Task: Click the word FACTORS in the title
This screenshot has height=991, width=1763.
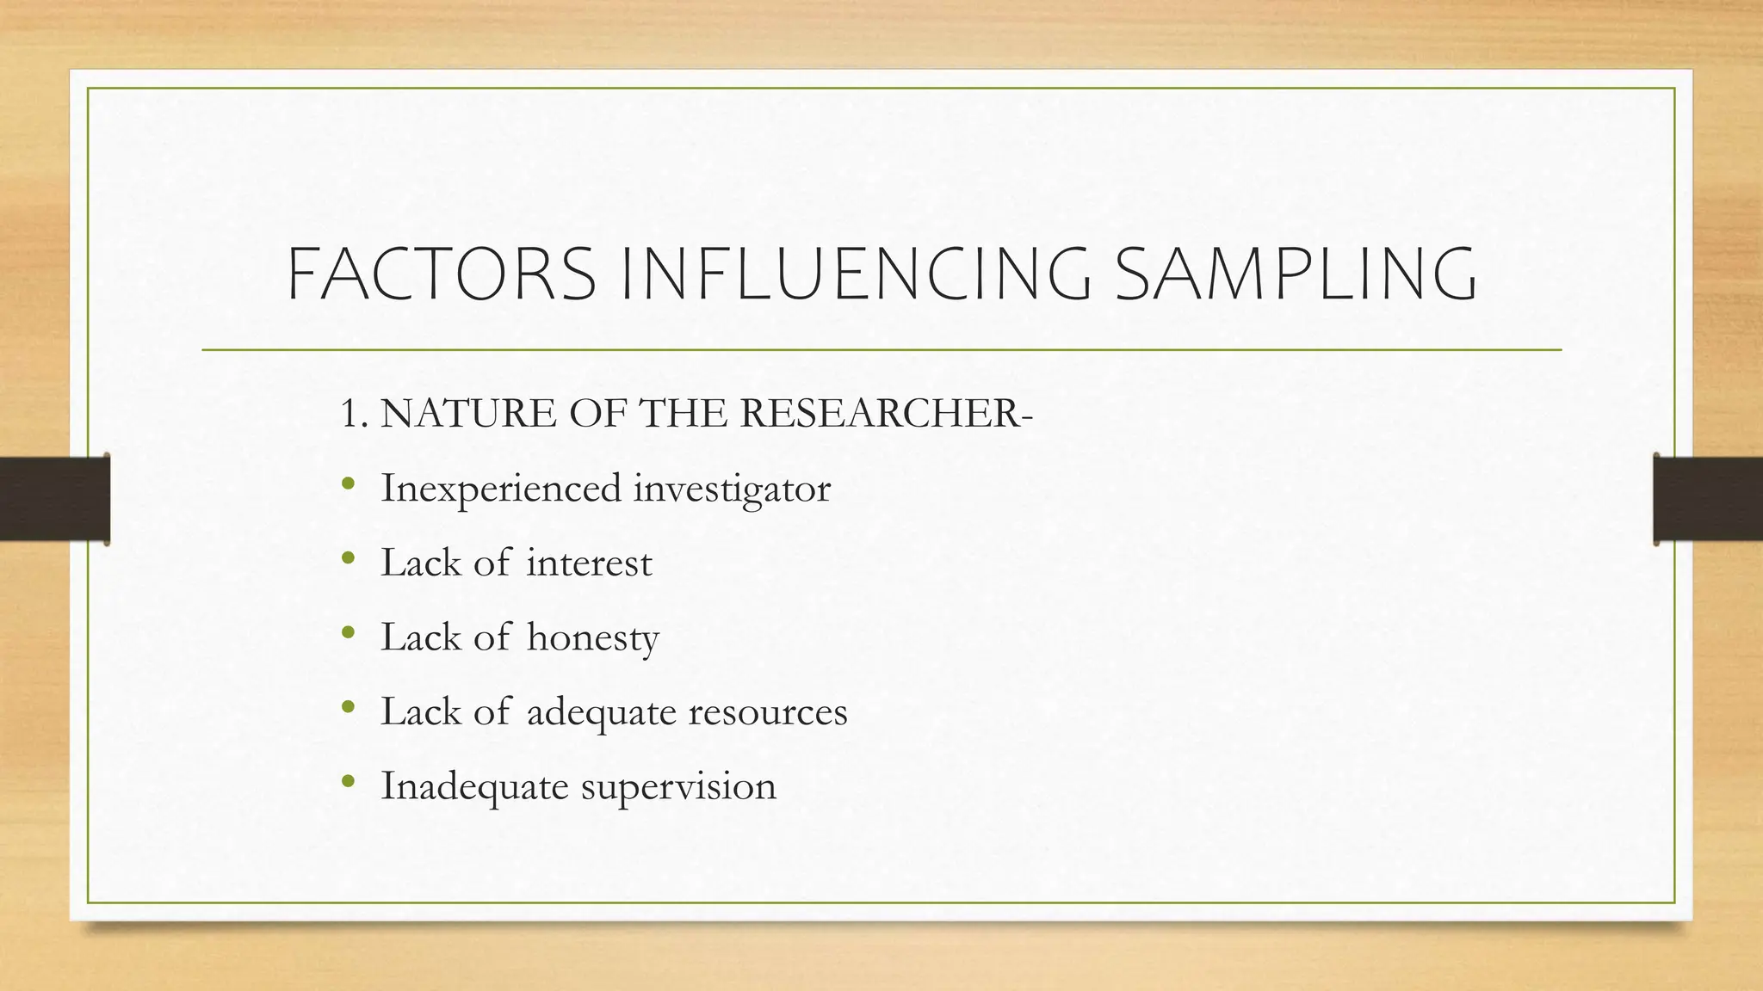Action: pos(441,274)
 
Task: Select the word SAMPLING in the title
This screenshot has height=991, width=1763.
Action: pos(1296,274)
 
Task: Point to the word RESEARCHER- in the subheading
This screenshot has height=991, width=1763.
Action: pos(886,414)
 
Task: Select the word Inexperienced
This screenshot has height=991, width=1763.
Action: pos(500,489)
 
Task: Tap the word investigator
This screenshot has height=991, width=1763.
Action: pos(732,489)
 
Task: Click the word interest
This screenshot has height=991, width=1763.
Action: pos(589,563)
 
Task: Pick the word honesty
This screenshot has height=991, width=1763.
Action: pos(592,638)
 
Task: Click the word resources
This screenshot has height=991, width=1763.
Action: pos(768,712)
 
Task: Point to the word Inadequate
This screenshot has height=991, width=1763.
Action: pos(474,786)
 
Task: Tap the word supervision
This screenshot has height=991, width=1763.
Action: pos(678,786)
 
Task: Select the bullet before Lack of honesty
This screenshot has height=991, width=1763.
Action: pos(348,634)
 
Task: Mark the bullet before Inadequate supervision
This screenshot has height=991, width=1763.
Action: pos(348,783)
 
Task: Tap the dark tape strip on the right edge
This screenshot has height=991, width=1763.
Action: pos(1708,499)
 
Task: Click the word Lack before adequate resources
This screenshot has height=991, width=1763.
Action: pos(420,712)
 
